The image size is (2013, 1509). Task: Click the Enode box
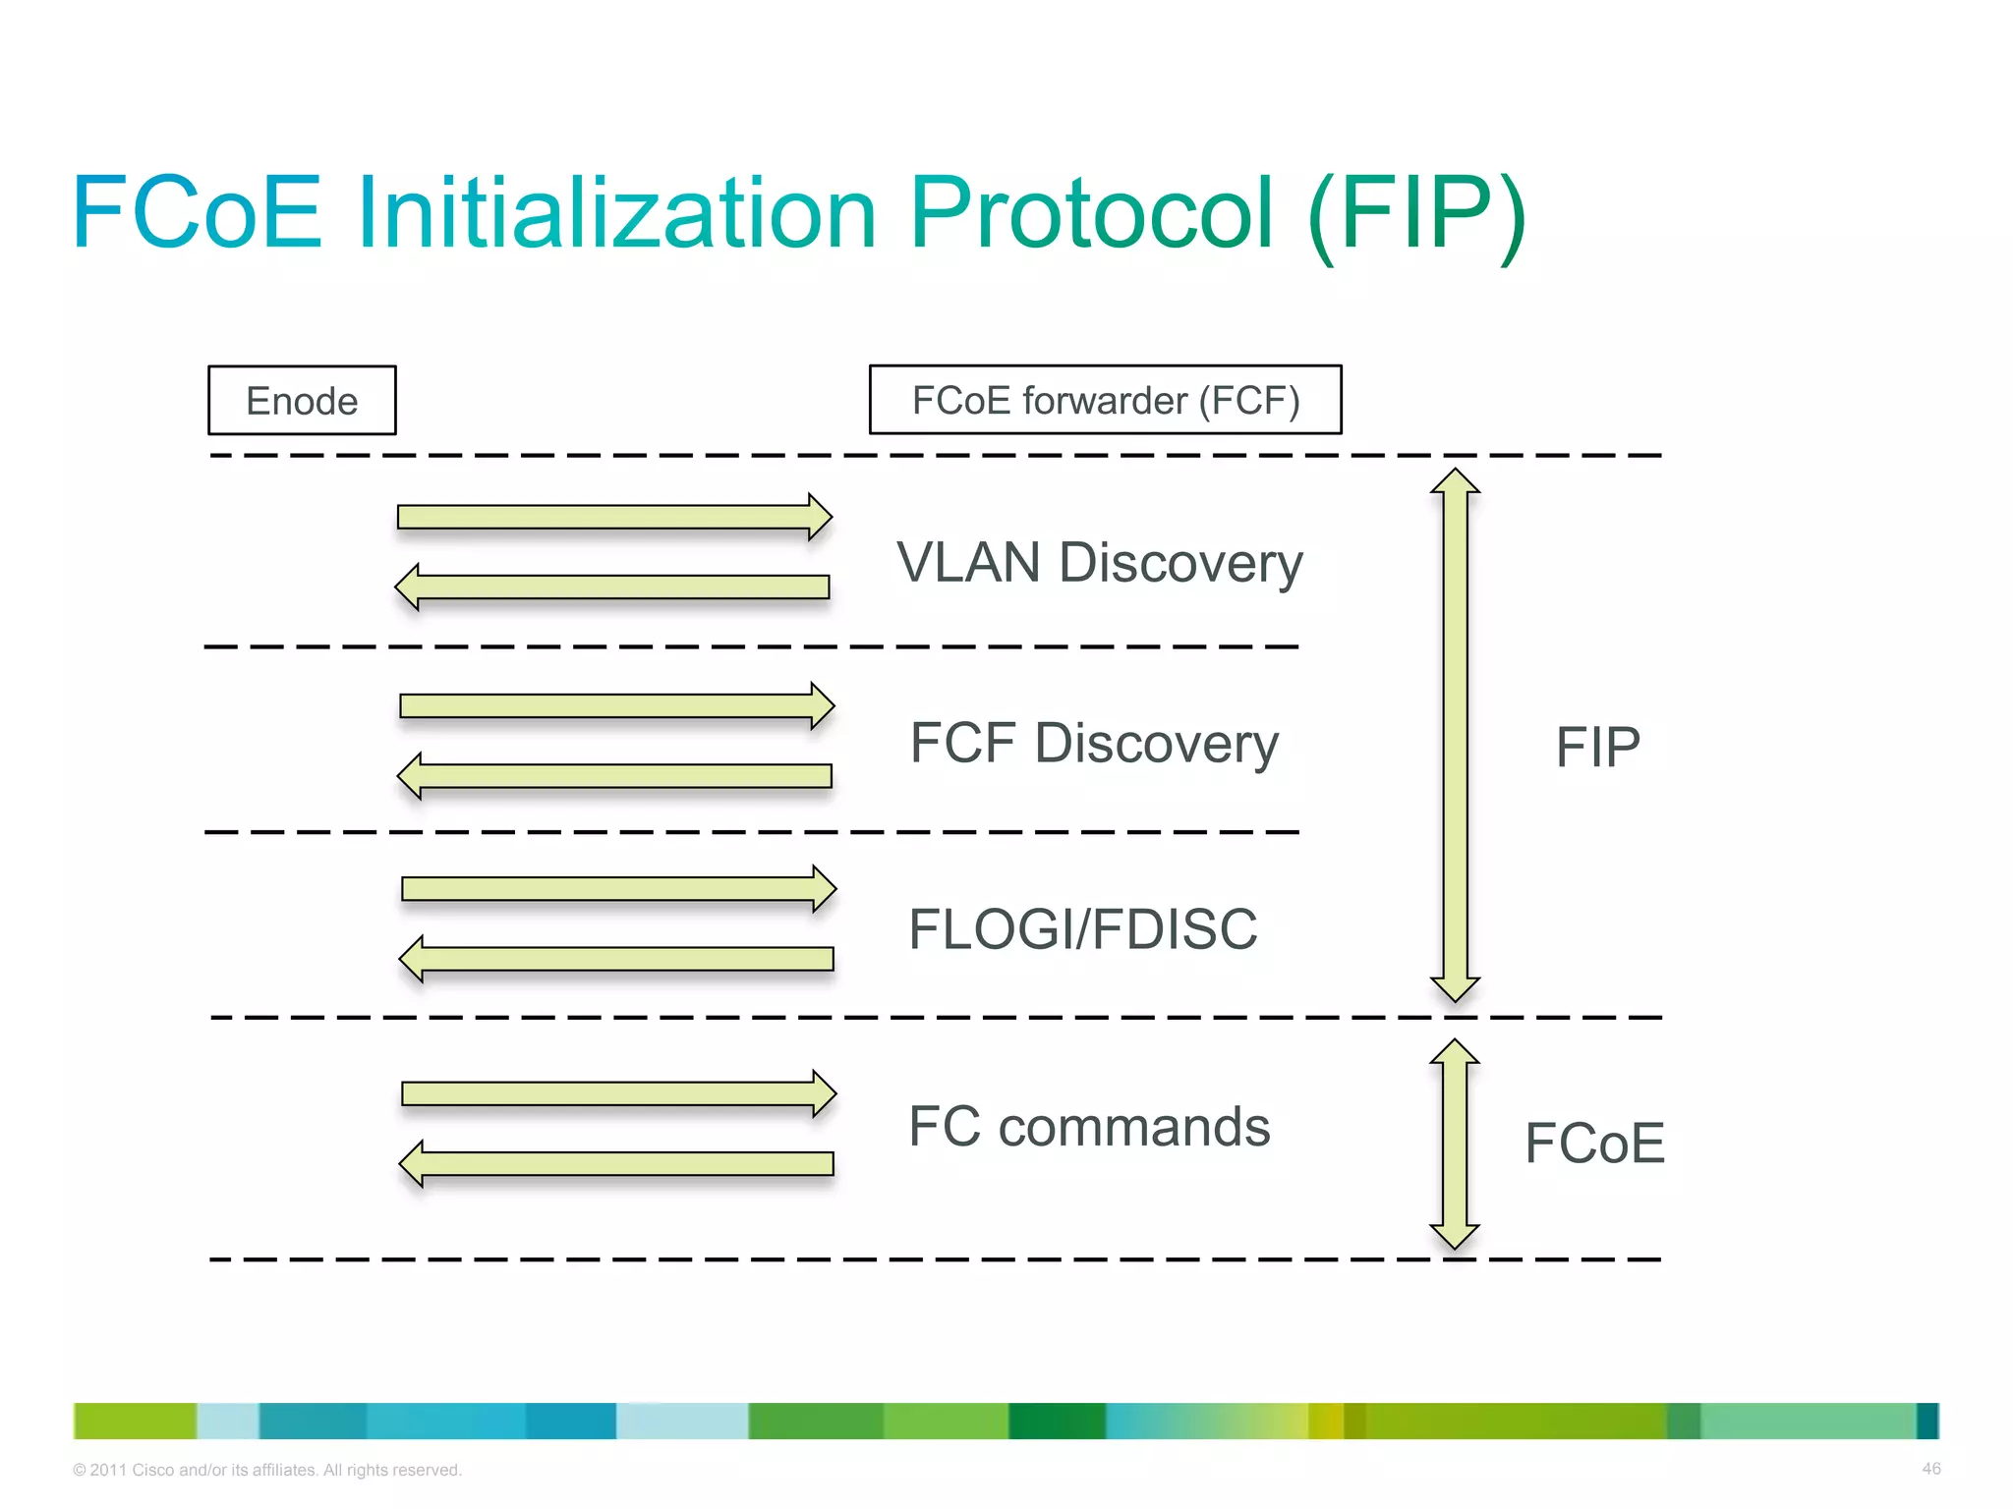[x=302, y=401]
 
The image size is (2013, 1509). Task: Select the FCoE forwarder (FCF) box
[x=1105, y=400]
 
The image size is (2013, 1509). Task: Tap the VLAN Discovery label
[x=1099, y=564]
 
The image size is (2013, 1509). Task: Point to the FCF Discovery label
[x=1093, y=744]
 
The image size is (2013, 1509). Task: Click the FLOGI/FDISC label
[x=1082, y=929]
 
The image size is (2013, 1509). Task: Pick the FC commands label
[x=1089, y=1127]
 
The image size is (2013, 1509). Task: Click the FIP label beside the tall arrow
[x=1597, y=748]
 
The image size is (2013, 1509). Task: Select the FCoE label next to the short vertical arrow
[x=1593, y=1144]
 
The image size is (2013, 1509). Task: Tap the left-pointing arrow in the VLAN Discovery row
[x=612, y=587]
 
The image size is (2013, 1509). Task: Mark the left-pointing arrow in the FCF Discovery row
[x=614, y=776]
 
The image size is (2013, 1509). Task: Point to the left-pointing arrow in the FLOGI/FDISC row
[x=616, y=959]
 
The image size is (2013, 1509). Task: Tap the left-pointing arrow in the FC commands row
[x=616, y=1164]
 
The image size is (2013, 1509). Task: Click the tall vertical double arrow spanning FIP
[x=1455, y=735]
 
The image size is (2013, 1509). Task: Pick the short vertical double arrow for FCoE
[x=1455, y=1144]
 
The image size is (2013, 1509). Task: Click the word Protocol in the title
[x=1091, y=213]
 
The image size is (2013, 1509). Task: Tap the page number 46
[x=1930, y=1469]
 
